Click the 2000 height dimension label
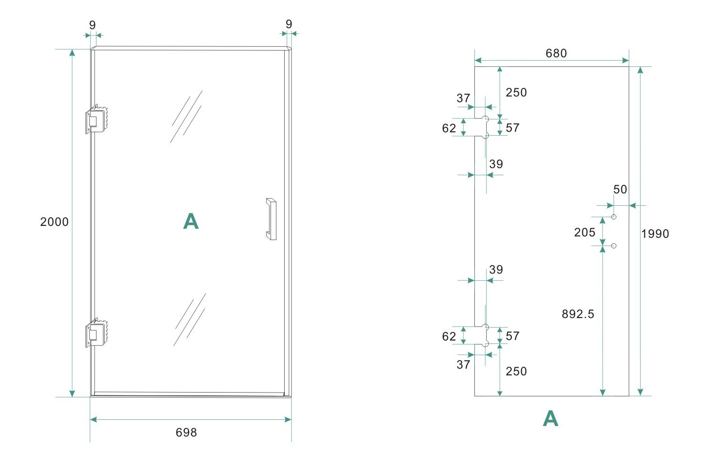[54, 222]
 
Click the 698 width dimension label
[186, 433]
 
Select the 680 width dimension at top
[556, 53]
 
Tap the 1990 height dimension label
[655, 234]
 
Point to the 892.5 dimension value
[578, 314]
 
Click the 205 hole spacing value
[585, 233]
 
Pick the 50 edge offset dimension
[620, 190]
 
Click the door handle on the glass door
[271, 219]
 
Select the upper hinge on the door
[97, 119]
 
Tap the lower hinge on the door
[97, 333]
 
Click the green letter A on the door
[191, 222]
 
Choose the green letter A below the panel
[550, 419]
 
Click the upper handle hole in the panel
[614, 217]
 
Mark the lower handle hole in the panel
[614, 246]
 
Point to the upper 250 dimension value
[516, 93]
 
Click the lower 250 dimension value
[516, 372]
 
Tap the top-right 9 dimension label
[289, 24]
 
